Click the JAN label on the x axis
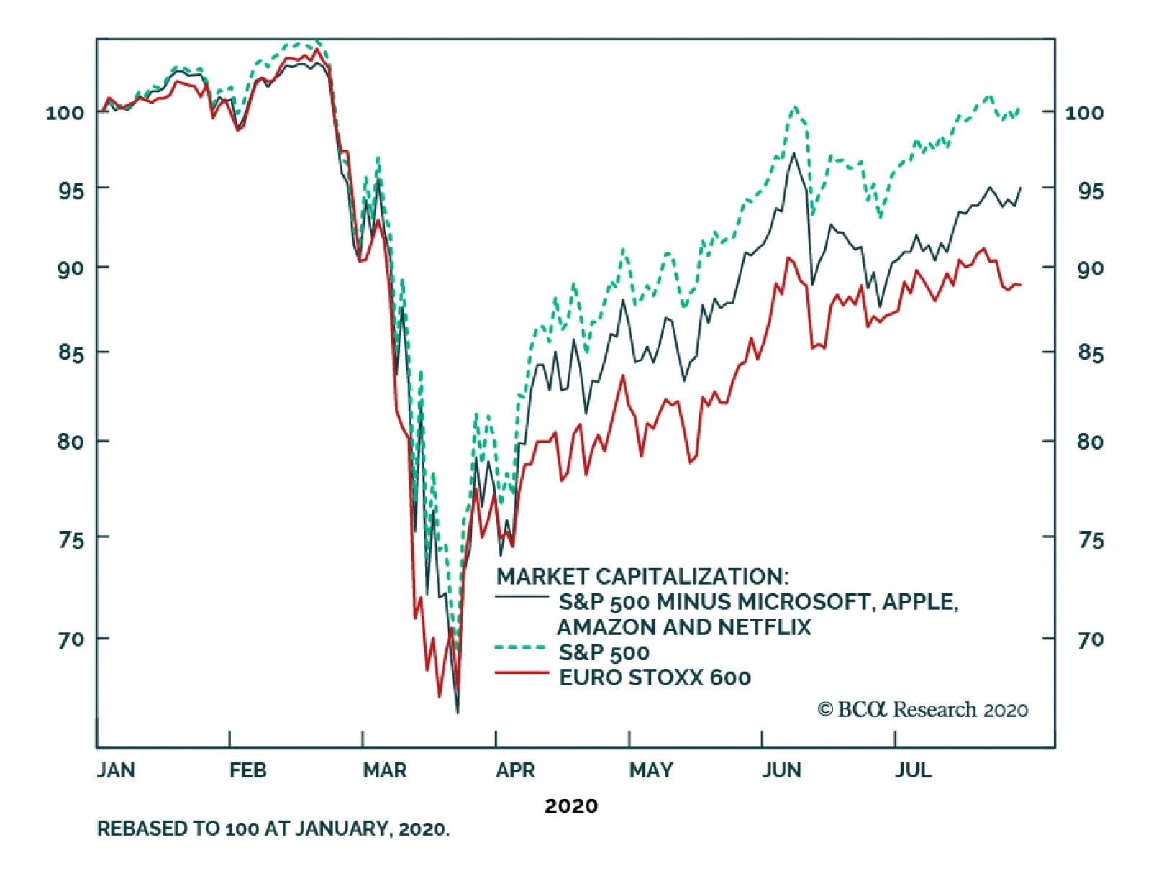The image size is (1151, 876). [x=116, y=770]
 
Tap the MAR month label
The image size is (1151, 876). [x=385, y=770]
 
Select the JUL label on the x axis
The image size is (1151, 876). [x=913, y=770]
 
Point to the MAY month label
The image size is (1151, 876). [x=651, y=770]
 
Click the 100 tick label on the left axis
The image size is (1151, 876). [x=65, y=112]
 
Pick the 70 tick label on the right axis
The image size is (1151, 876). [x=1090, y=639]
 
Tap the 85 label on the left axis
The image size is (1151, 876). [x=71, y=353]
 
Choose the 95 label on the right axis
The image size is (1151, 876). [x=1090, y=191]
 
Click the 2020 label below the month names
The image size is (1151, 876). [x=571, y=806]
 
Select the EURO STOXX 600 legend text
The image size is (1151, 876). [x=655, y=677]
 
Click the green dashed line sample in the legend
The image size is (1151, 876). [x=522, y=647]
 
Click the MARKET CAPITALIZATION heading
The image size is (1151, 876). [x=642, y=576]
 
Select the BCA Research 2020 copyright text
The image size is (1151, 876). [x=923, y=710]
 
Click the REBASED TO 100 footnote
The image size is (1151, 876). [x=273, y=829]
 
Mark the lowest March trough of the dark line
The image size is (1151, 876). [x=458, y=712]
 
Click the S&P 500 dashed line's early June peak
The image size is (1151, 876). [x=795, y=107]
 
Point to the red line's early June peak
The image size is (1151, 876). [x=788, y=257]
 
